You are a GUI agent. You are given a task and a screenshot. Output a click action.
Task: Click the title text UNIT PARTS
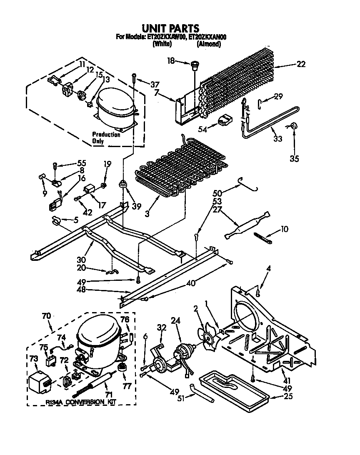coord(170,28)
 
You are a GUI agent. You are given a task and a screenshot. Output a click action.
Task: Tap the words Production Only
coord(106,138)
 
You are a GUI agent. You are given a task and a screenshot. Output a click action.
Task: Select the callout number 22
coord(301,64)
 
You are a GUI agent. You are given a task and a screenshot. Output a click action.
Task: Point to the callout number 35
coord(294,158)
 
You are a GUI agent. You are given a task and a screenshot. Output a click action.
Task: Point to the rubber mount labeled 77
coord(122,368)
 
